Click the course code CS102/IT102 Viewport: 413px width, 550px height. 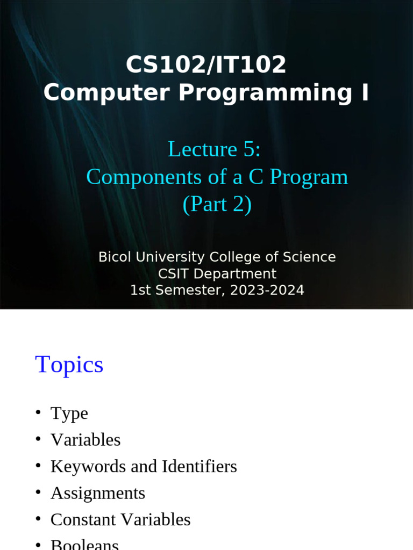[206, 66]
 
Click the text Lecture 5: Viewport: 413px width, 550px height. [214, 149]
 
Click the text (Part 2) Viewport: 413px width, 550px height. [217, 205]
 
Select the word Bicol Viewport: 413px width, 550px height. [115, 257]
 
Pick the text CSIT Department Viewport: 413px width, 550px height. [217, 274]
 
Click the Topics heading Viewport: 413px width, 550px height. [69, 365]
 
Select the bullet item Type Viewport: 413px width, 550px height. [69, 413]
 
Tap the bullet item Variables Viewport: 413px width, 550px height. [86, 440]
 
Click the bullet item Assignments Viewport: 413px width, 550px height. [98, 493]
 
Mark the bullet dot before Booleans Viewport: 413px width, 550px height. [38, 545]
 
